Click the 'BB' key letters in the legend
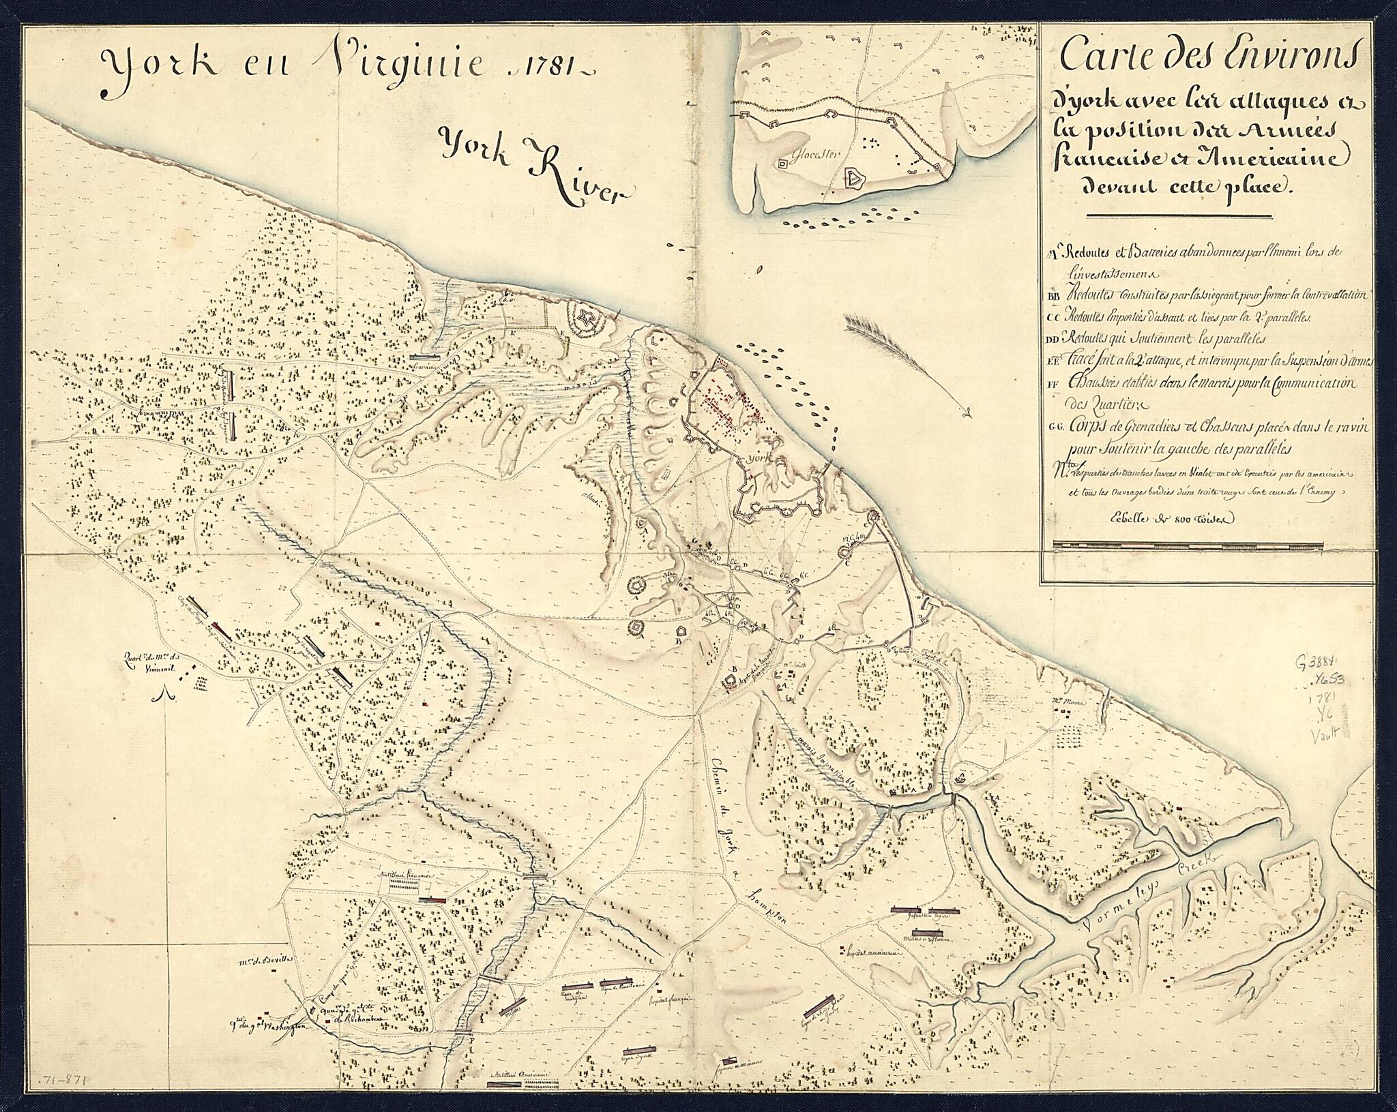[1052, 296]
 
